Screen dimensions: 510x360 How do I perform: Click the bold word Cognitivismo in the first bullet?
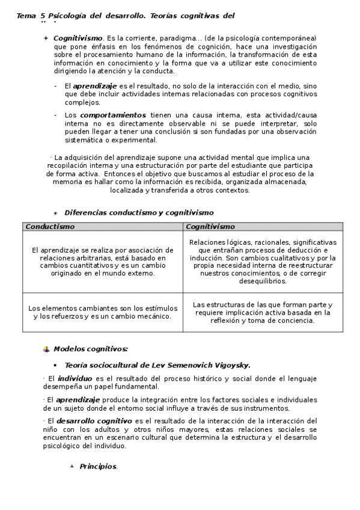coord(78,38)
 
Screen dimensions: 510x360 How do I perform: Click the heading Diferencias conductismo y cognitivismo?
coord(139,212)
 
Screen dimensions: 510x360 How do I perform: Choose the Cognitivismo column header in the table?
coord(210,227)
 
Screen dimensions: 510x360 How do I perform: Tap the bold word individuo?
coord(75,378)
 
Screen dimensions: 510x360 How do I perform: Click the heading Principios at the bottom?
coord(99,467)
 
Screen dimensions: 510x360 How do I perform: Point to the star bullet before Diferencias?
coord(55,213)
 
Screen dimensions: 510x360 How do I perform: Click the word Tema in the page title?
coord(26,16)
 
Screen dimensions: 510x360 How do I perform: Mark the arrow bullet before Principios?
coord(72,467)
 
